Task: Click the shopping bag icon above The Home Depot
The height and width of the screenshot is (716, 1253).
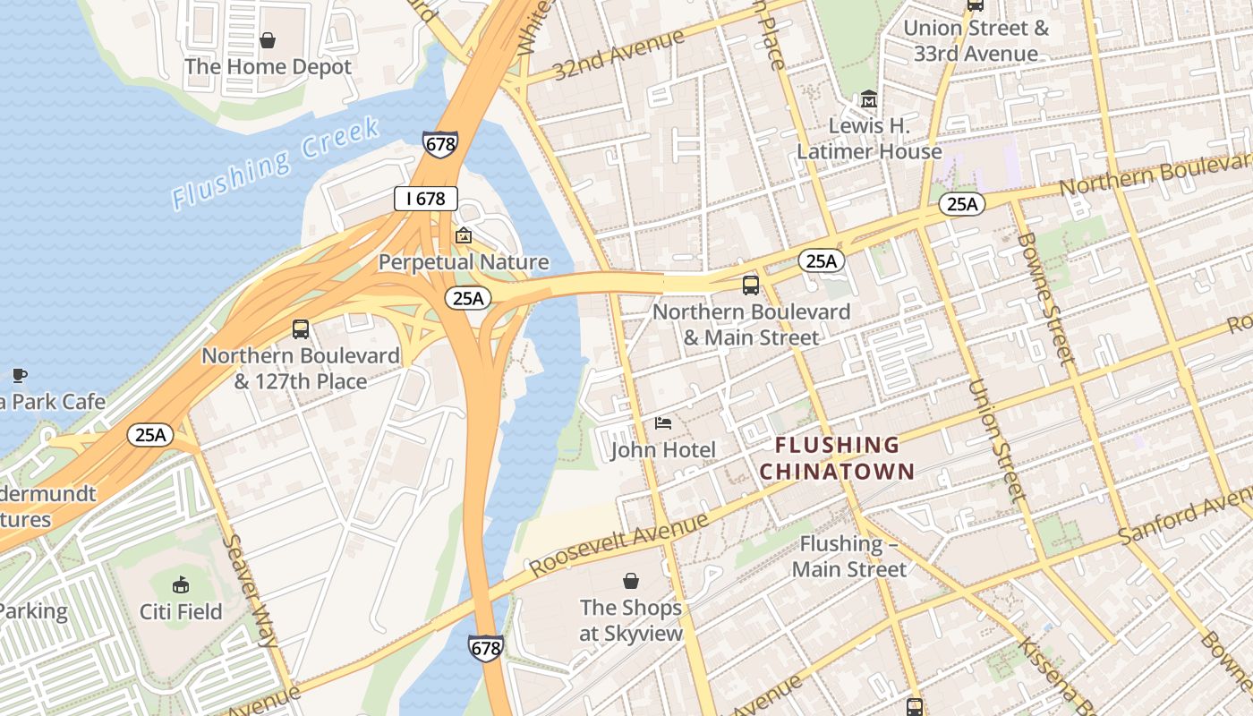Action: tap(267, 40)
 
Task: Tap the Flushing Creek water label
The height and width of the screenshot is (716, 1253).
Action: tap(277, 163)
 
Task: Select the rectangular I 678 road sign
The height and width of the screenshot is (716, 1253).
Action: tap(426, 199)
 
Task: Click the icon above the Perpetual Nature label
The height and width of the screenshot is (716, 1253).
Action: tap(464, 236)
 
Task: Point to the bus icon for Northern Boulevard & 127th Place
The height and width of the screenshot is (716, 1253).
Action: tap(301, 329)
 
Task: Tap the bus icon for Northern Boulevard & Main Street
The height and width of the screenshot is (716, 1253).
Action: tap(751, 286)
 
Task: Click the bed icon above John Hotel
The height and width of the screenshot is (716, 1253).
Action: tap(663, 422)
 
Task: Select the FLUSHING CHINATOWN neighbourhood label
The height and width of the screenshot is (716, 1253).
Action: tap(837, 458)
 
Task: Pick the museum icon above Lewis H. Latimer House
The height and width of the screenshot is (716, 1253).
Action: tap(869, 98)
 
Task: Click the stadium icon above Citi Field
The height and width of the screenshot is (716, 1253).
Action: tap(181, 584)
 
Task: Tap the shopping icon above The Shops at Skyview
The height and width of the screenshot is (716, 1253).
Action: tap(631, 581)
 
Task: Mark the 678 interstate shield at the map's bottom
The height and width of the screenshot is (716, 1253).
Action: tap(485, 649)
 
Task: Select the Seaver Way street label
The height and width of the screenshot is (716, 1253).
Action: tap(250, 591)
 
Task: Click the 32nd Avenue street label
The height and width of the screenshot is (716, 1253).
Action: tap(618, 55)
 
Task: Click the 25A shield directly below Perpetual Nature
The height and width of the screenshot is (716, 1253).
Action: tap(468, 298)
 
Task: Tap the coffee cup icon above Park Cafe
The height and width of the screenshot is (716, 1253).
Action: tap(20, 375)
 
